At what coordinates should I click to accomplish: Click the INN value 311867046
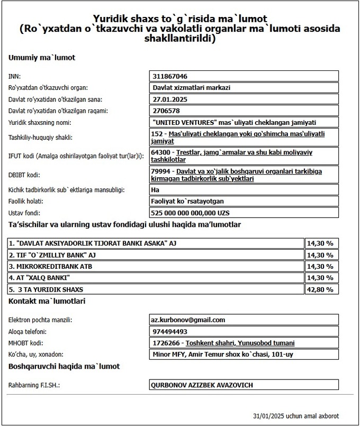[169, 76]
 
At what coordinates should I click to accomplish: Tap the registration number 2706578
[166, 111]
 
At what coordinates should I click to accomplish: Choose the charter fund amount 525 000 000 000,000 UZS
[191, 213]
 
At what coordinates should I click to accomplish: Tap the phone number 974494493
[169, 332]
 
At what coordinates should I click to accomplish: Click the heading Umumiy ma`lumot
[42, 58]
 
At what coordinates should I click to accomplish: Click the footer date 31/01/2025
[269, 416]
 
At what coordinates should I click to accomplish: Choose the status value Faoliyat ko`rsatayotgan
[188, 202]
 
